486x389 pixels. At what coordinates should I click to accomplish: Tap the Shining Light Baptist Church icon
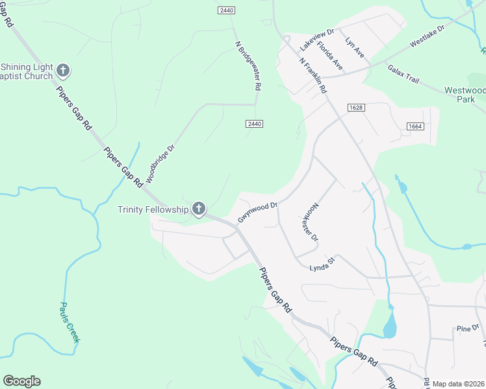[63, 70]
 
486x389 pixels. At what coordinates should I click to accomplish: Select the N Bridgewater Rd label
[248, 65]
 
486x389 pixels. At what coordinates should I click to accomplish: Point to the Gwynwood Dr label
[257, 212]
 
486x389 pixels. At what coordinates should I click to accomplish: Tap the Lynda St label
[321, 264]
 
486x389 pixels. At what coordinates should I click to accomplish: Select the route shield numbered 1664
[416, 126]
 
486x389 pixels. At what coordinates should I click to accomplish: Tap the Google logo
[22, 381]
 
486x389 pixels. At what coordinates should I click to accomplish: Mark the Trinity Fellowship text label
[153, 209]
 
